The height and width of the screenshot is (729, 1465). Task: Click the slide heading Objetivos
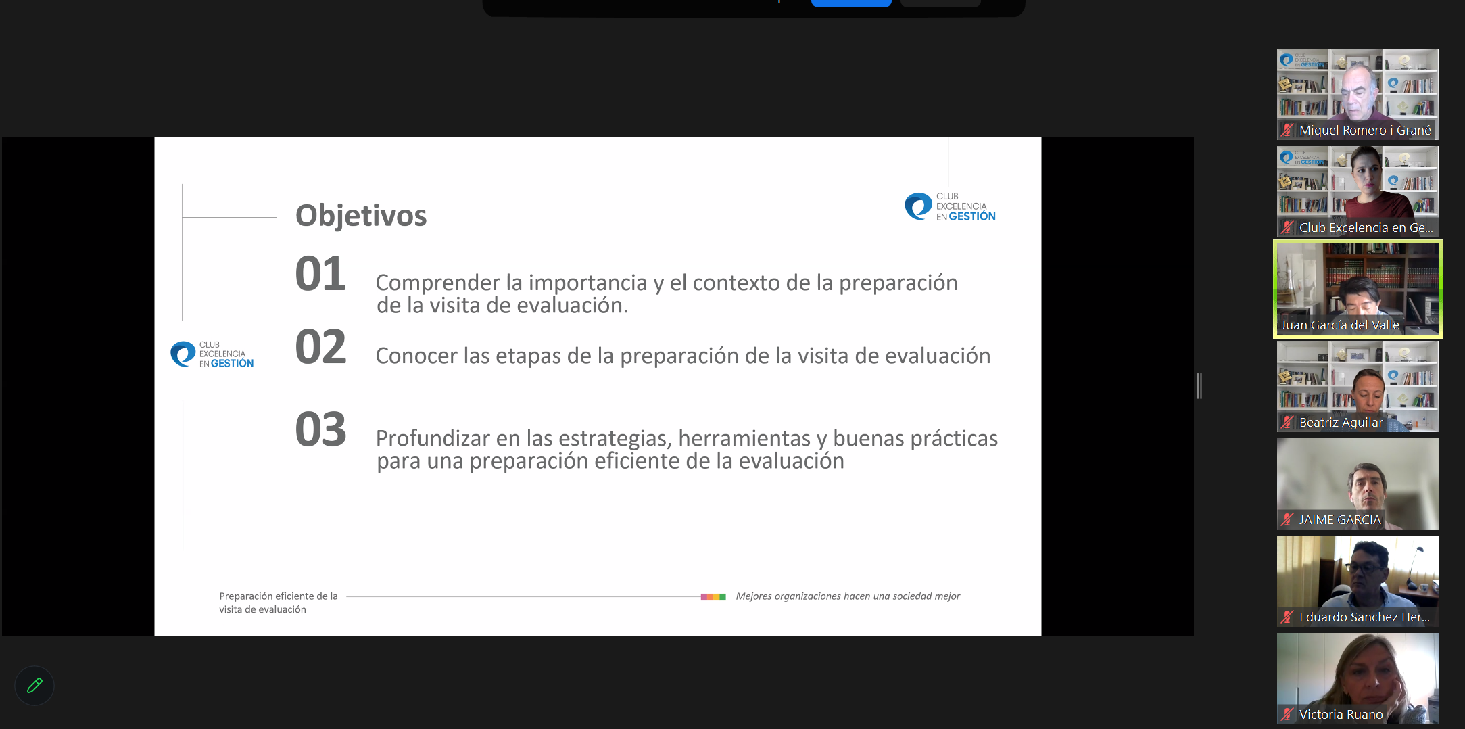[361, 216]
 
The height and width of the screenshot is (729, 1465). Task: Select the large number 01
[320, 275]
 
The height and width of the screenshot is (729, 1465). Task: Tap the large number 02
[320, 348]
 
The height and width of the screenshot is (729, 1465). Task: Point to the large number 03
[320, 430]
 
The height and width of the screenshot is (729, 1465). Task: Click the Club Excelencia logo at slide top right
[949, 207]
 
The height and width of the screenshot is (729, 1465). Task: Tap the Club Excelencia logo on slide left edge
[212, 354]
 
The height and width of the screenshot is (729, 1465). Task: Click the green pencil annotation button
[34, 686]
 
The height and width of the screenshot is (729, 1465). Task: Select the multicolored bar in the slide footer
[713, 597]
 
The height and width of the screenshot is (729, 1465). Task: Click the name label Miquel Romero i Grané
[1364, 131]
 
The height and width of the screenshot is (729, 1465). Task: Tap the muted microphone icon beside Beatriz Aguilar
[1287, 423]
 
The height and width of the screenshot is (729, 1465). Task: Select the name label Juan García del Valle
[1339, 325]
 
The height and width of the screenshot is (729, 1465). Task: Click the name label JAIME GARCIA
[1339, 520]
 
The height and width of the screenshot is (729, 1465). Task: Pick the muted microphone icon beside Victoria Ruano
[1287, 715]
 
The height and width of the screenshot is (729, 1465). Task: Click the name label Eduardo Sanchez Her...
[1364, 617]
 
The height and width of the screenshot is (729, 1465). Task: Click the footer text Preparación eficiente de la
[278, 596]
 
